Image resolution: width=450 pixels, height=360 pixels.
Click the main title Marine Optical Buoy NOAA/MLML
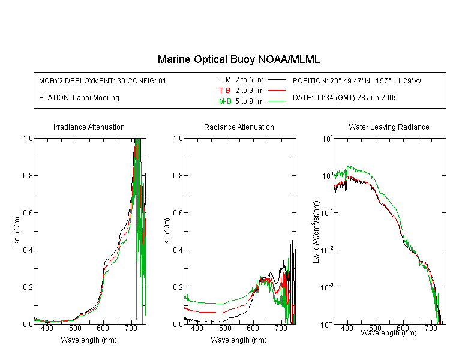coord(238,59)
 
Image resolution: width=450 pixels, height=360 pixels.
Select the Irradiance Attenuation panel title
coord(89,127)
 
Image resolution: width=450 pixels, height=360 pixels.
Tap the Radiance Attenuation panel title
coord(239,127)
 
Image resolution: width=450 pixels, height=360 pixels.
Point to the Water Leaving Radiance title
coord(389,127)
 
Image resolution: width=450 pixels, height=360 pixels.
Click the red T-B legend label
coord(224,91)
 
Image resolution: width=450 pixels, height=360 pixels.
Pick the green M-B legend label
coord(225,101)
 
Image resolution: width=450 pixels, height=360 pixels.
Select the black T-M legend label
coord(225,80)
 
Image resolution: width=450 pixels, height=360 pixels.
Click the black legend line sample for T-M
coord(277,80)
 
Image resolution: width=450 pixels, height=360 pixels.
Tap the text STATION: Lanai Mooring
coord(79,98)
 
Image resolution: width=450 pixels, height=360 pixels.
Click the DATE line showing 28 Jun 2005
coord(345,98)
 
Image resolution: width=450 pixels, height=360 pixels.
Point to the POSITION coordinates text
coord(357,80)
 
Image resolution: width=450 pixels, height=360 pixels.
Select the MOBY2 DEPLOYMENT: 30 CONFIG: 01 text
coord(103,80)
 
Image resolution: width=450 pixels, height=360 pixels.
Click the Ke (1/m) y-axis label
coord(17,231)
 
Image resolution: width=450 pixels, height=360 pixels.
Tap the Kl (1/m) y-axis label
coord(167,232)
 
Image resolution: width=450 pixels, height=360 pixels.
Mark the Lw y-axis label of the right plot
coord(316,232)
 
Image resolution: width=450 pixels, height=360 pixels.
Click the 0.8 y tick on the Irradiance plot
coord(28,175)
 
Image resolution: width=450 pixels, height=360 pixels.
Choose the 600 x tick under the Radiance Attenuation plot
coord(253,328)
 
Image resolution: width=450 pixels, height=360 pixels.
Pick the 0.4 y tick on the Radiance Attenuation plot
coord(178,250)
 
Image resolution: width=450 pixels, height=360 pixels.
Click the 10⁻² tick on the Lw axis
coord(327,250)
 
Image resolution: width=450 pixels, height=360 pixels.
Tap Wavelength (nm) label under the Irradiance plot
coord(89,340)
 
